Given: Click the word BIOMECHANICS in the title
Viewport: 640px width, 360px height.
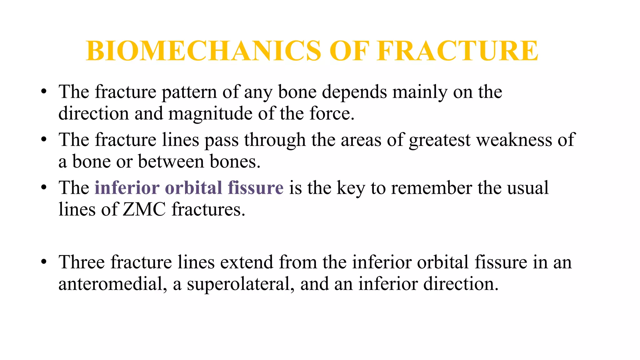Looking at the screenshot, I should pos(203,51).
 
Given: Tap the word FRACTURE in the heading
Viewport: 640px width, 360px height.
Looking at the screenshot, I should pos(457,51).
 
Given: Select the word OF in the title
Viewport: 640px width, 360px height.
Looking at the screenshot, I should pos(349,51).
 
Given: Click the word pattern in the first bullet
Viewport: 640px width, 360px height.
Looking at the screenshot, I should pos(189,92).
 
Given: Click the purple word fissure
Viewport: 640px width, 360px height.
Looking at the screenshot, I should pos(255,188).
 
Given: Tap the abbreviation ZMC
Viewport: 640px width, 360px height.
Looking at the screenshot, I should pos(144,209).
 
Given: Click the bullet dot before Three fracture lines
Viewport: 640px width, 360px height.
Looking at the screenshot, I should pos(44,262).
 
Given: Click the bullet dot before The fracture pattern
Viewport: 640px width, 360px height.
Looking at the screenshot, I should pos(44,92).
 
